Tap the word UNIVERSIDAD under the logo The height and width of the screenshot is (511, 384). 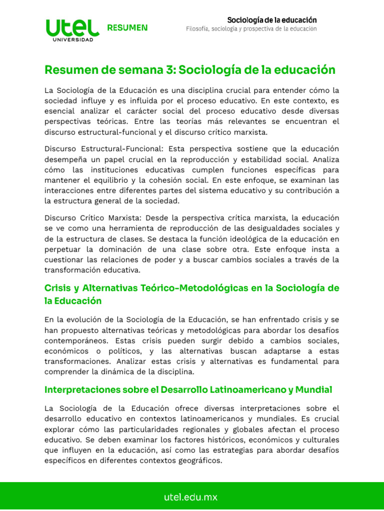[x=72, y=40]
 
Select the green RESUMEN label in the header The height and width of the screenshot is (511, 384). [x=127, y=28]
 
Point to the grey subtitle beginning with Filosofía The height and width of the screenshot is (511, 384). [x=251, y=29]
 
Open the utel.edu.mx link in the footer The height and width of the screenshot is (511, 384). [x=191, y=497]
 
